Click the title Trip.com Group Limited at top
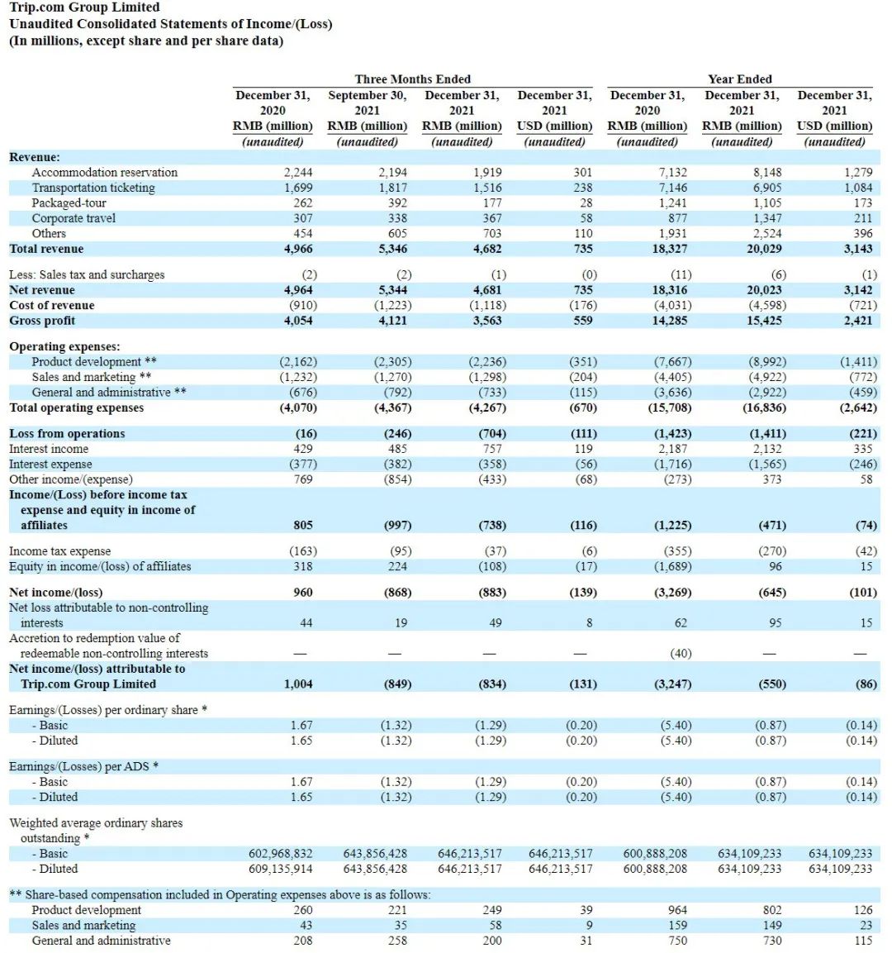click(x=84, y=7)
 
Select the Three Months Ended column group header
click(x=412, y=79)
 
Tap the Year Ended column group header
click(x=739, y=79)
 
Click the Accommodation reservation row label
click(x=104, y=173)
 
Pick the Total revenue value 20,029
click(x=764, y=249)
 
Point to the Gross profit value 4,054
click(x=298, y=321)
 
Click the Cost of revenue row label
click(x=51, y=305)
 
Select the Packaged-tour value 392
click(x=397, y=203)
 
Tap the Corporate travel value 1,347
click(x=767, y=218)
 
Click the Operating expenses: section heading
click(x=64, y=346)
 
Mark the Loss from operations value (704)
click(x=492, y=433)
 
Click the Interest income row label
click(x=49, y=449)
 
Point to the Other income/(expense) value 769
click(x=303, y=479)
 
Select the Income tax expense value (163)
click(x=303, y=550)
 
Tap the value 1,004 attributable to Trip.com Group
click(x=298, y=684)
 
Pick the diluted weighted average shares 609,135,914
click(x=281, y=869)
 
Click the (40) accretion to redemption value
click(x=681, y=653)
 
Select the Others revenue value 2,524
click(x=767, y=233)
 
